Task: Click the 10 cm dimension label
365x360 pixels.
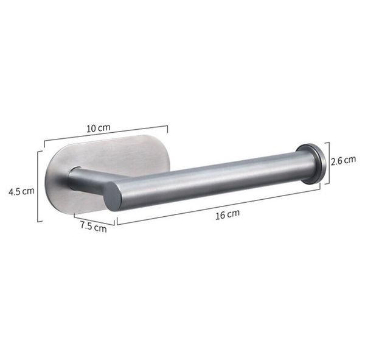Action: [98, 128]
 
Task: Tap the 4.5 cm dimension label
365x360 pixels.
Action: [21, 191]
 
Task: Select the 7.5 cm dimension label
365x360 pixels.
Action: [94, 227]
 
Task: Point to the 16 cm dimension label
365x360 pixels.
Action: [228, 214]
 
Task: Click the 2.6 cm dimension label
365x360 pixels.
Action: [344, 160]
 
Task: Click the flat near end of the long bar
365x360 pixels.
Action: [113, 196]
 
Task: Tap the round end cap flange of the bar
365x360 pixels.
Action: [311, 163]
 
